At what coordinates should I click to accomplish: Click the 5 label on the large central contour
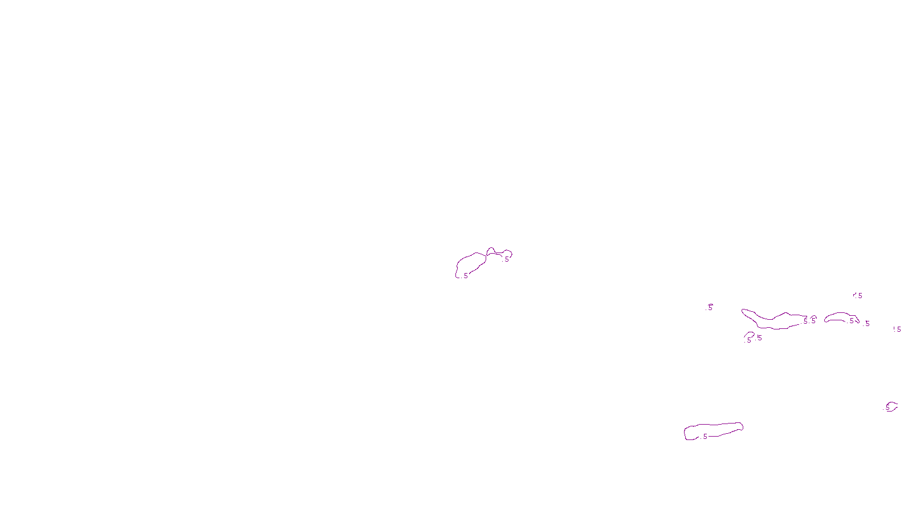[466, 276]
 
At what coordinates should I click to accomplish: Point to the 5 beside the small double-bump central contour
[507, 259]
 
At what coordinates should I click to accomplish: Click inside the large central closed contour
[471, 264]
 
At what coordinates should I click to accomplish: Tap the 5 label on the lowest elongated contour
[705, 437]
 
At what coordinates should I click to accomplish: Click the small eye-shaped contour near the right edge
[892, 406]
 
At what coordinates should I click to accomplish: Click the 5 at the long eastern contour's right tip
[805, 321]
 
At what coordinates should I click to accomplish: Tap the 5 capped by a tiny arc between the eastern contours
[813, 321]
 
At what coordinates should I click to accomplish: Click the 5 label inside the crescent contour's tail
[852, 321]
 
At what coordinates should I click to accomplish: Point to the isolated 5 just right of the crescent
[868, 324]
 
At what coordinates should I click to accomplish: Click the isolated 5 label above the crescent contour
[860, 296]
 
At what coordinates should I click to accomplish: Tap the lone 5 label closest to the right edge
[899, 329]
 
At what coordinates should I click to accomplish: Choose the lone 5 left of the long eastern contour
[710, 307]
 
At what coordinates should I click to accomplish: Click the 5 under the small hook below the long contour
[749, 340]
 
